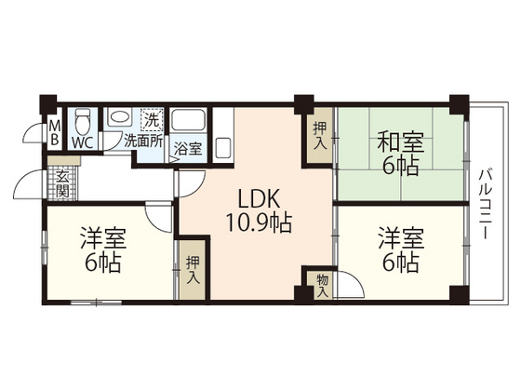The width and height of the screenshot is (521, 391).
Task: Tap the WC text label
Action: point(82,142)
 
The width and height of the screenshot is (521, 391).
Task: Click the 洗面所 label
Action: point(144,143)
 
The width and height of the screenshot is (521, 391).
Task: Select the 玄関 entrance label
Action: point(61,184)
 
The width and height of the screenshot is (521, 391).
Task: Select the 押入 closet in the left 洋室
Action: point(193,269)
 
